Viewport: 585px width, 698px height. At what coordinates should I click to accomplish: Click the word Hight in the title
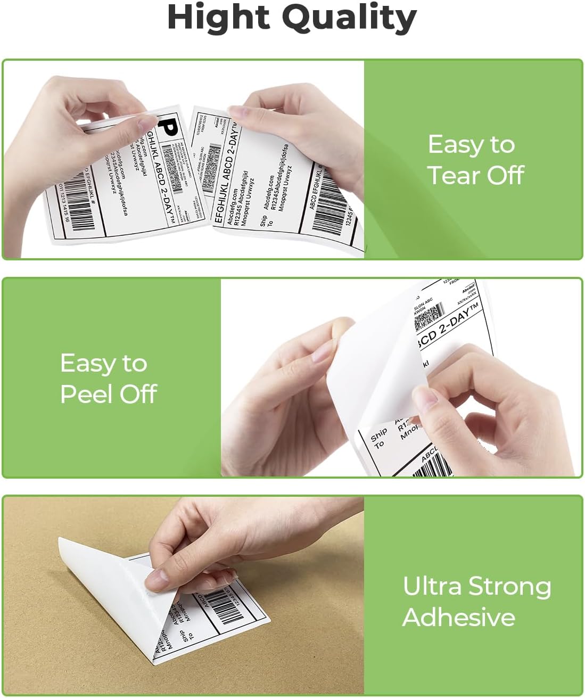pyautogui.click(x=219, y=18)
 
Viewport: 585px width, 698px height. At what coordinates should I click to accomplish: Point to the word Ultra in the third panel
pyautogui.click(x=432, y=586)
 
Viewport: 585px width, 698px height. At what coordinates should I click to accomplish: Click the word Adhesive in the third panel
pyautogui.click(x=459, y=617)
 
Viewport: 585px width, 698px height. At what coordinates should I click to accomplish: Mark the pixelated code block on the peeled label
pyautogui.click(x=429, y=316)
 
